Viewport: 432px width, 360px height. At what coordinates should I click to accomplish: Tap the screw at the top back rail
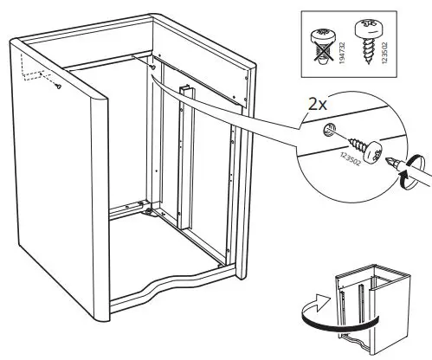pyautogui.click(x=152, y=66)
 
